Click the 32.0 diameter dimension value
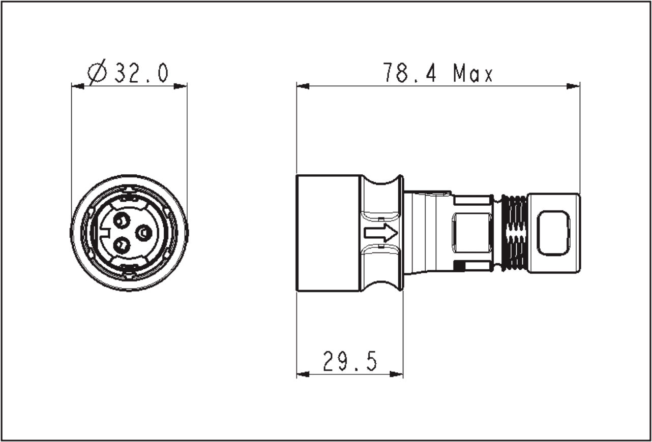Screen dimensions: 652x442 point(141,73)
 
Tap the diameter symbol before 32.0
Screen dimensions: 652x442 point(98,73)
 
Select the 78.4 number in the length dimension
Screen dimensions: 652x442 point(409,73)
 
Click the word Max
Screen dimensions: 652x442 point(473,73)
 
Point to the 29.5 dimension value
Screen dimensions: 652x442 point(350,361)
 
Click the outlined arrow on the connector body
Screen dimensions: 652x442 point(381,233)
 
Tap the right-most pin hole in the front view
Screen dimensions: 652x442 point(144,233)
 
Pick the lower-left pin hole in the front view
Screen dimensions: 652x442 point(122,245)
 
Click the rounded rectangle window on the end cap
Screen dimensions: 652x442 point(553,233)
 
